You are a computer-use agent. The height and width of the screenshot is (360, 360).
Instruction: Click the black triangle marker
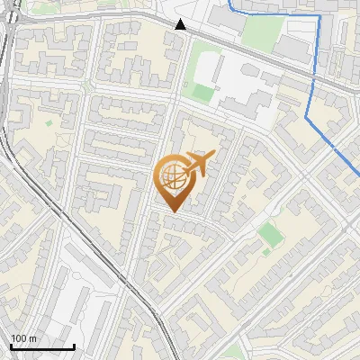pyautogui.click(x=181, y=24)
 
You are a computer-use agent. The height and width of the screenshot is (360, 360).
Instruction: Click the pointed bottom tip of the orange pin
pyautogui.click(x=171, y=211)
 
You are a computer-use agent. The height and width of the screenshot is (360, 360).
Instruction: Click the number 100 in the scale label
pyautogui.click(x=20, y=338)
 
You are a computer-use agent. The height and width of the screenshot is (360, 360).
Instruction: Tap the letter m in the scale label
pyautogui.click(x=33, y=338)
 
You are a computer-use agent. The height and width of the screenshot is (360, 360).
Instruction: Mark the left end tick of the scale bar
pyautogui.click(x=12, y=346)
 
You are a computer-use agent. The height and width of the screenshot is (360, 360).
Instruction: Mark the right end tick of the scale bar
pyautogui.click(x=74, y=346)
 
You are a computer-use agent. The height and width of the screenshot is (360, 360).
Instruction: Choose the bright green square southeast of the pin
pyautogui.click(x=269, y=234)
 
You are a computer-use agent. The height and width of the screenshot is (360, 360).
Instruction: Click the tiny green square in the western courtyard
pyautogui.click(x=49, y=122)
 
